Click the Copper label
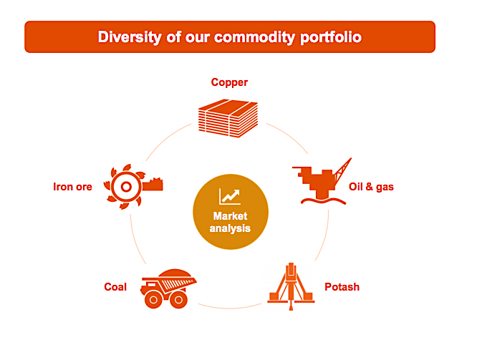click(229, 82)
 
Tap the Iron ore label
click(73, 188)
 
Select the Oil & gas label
click(371, 188)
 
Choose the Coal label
click(115, 287)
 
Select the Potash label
click(342, 287)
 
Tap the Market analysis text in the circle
click(230, 223)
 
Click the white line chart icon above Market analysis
click(230, 195)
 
